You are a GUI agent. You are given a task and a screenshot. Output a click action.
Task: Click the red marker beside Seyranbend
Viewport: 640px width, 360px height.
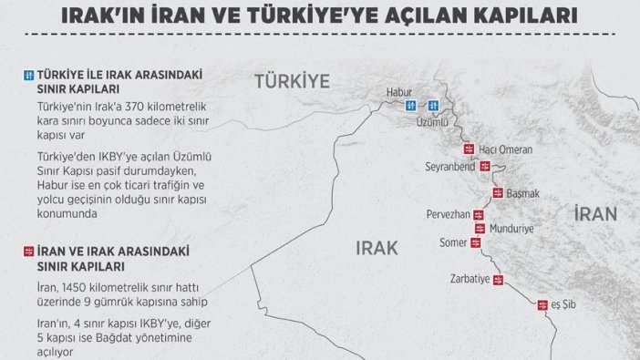[x=484, y=167]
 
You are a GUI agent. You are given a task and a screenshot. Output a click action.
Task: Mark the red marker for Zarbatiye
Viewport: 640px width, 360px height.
[x=498, y=280]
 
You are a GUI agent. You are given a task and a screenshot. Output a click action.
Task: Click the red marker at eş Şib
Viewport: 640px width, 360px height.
[x=541, y=303]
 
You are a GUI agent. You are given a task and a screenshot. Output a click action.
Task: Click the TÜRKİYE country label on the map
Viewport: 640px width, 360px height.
[x=291, y=81]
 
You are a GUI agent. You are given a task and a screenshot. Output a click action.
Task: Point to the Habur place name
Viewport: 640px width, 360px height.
[x=400, y=90]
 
